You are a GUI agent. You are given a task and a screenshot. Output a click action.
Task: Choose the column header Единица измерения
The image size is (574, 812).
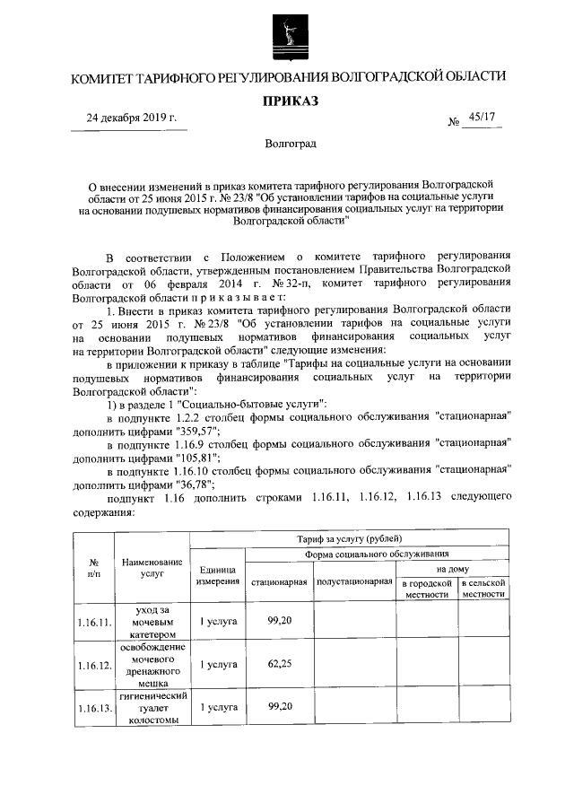coord(218,575)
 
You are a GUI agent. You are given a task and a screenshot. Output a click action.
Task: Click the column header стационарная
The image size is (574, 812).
coord(279,581)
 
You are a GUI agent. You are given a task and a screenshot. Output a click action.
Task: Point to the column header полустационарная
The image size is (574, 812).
coord(355,581)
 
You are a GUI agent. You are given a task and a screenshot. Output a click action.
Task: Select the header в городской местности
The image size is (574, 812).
coord(427,588)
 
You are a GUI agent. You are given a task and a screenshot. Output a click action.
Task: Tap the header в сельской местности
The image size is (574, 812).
coord(484,588)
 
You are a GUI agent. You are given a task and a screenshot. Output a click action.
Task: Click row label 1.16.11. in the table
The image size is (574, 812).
coord(93,620)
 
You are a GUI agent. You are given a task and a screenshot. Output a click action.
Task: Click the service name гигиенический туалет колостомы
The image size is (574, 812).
coord(152,707)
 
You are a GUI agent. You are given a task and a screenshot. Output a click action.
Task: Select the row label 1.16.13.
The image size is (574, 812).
coord(93,708)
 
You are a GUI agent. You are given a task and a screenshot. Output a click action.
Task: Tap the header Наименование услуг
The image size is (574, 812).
coord(152,569)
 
